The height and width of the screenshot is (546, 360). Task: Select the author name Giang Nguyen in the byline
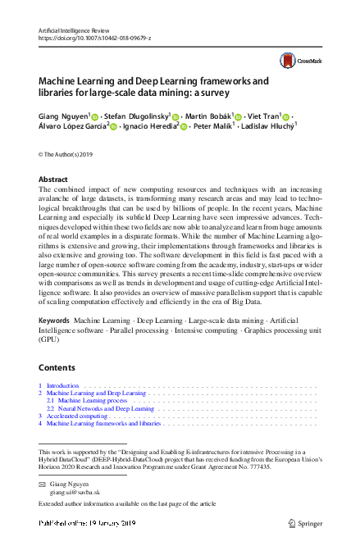65,117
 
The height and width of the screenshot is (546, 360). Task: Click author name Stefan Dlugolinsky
139,117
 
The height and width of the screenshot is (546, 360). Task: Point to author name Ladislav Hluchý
267,128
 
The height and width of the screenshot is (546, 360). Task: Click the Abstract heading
53,179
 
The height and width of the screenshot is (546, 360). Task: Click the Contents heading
57,367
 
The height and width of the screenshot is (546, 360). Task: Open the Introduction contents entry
62,385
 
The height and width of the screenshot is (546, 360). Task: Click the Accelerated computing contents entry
78,416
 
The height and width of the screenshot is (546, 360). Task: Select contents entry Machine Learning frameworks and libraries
103,424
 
